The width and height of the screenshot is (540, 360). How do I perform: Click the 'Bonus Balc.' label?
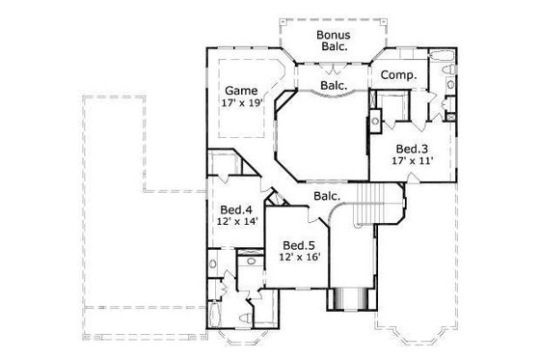pos(333,39)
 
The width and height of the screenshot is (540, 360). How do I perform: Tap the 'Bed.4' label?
pos(235,209)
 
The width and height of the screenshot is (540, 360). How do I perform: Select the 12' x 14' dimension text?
pos(235,222)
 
